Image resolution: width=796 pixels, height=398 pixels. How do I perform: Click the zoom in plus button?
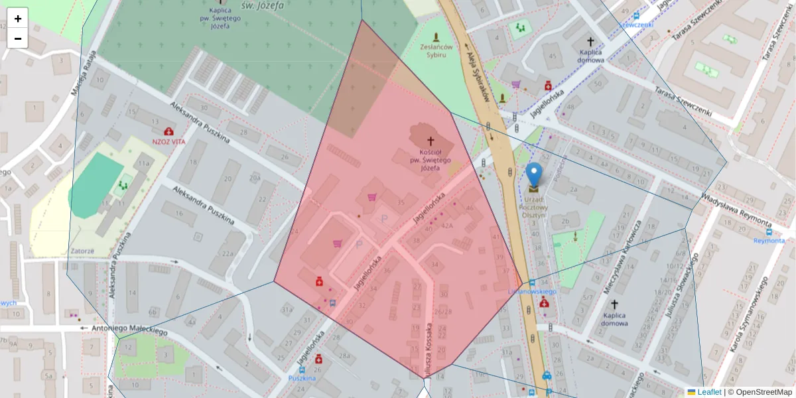[x=18, y=19]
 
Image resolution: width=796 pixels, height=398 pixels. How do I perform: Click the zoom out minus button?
[x=18, y=38]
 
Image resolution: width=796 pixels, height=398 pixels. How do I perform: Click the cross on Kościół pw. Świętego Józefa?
[x=430, y=141]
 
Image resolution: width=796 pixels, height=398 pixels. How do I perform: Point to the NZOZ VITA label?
[x=168, y=141]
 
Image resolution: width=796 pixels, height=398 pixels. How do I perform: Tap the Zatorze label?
[x=82, y=251]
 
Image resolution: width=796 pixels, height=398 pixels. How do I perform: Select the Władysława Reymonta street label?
[x=736, y=210]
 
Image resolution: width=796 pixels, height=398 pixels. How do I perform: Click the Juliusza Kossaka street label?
[x=430, y=349]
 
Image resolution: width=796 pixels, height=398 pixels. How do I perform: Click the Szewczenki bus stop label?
[x=635, y=25]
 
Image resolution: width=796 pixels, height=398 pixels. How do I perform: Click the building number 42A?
[x=447, y=226]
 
